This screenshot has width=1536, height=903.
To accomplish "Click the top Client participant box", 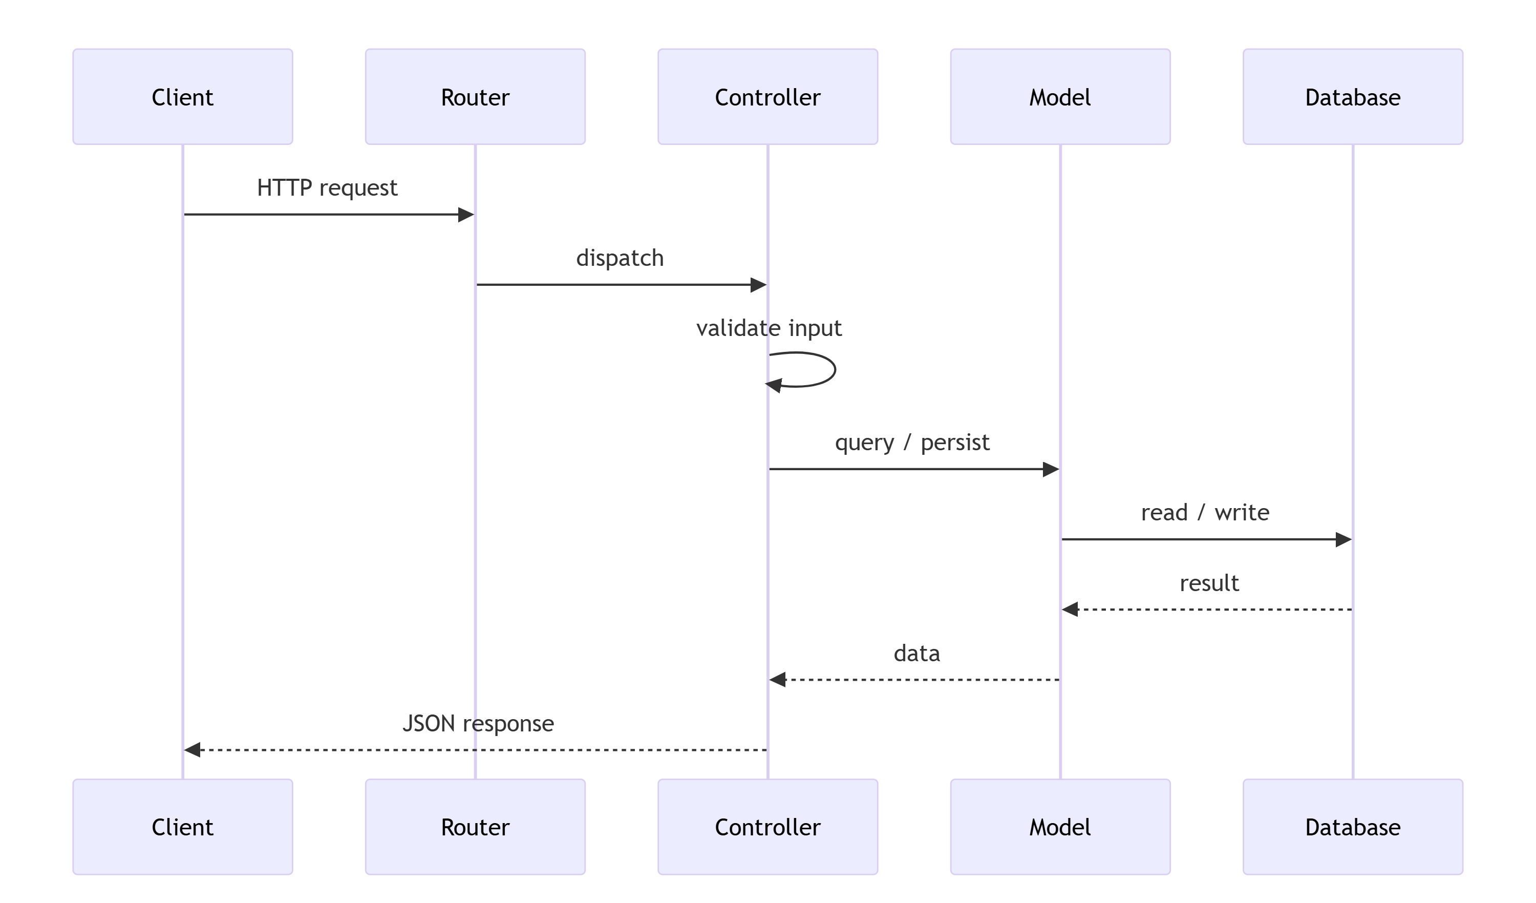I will [182, 97].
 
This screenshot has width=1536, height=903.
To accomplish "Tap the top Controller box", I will [767, 97].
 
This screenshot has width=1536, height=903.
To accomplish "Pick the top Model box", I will [1060, 97].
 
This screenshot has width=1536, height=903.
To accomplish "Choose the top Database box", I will [1353, 97].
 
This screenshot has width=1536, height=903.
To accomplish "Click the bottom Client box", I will [182, 827].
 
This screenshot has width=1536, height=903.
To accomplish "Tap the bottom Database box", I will [1353, 827].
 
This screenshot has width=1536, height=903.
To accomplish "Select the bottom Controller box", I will [767, 827].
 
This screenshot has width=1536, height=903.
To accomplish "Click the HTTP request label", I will [327, 188].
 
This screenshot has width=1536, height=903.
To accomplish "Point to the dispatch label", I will [620, 258].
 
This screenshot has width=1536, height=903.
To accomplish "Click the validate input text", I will [769, 328].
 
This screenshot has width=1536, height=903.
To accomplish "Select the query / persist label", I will [912, 442].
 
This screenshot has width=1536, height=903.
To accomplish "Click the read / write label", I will [1205, 512].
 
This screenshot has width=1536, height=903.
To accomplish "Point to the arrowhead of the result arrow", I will [1070, 609].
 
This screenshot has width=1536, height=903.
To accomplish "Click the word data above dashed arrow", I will [916, 653].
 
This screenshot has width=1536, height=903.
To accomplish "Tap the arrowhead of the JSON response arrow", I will [193, 750].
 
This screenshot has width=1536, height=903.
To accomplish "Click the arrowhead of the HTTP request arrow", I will [466, 215].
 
